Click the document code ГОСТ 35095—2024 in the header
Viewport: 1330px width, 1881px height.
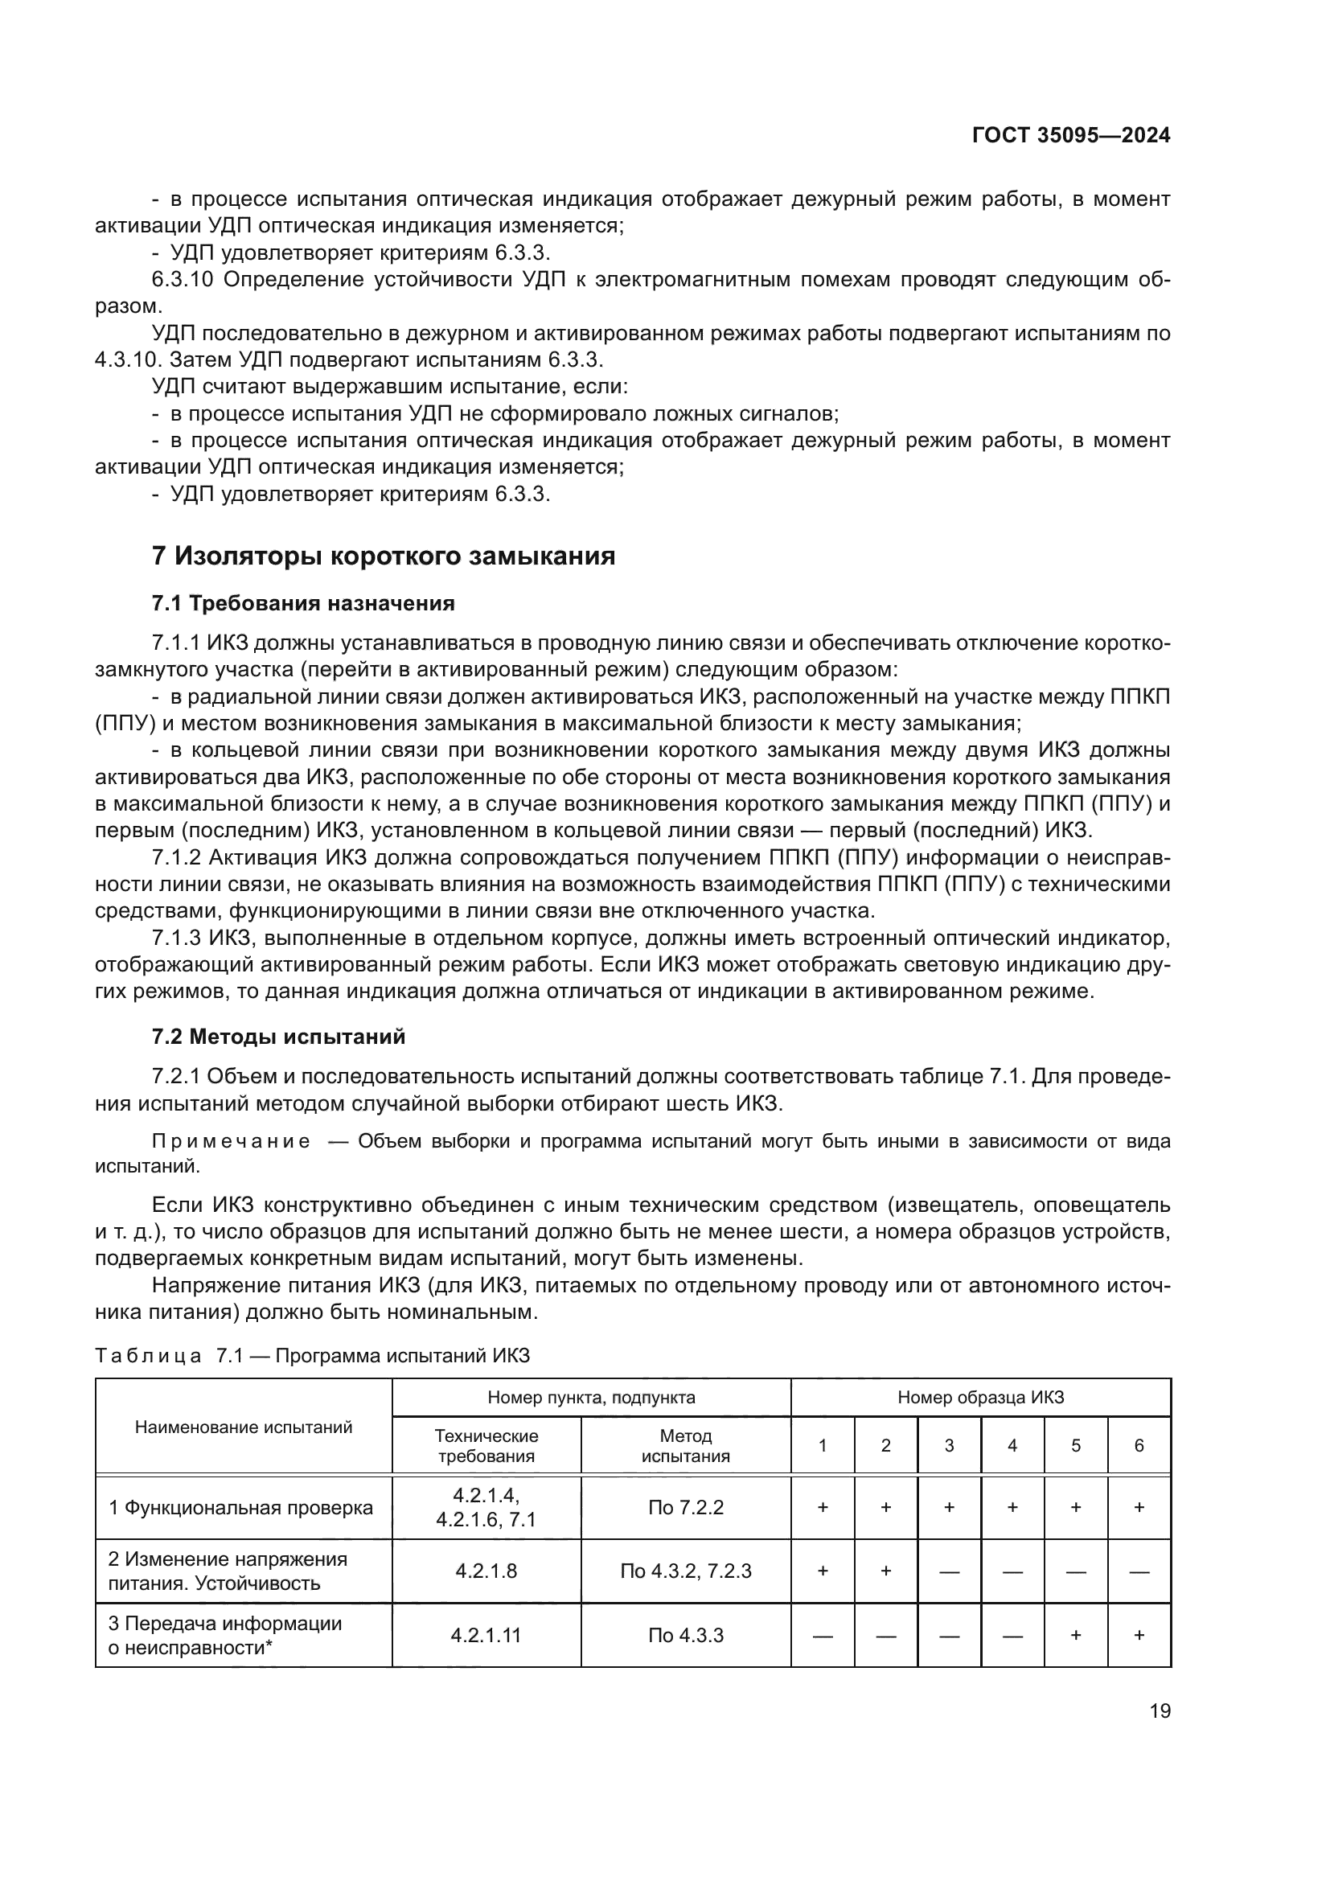coord(1070,136)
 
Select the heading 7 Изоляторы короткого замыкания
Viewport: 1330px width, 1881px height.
coord(383,556)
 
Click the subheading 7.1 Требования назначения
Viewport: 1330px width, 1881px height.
coord(303,604)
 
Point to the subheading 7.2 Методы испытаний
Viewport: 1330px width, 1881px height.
coord(278,1037)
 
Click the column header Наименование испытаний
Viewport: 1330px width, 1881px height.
coord(243,1427)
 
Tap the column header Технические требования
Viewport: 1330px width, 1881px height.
coord(486,1446)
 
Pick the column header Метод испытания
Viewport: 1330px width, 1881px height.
coord(685,1446)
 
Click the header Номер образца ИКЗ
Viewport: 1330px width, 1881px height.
coord(980,1398)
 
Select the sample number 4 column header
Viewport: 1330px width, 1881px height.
coord(1012,1446)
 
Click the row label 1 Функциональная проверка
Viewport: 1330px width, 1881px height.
coord(240,1507)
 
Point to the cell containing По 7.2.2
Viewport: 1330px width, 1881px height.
coord(685,1507)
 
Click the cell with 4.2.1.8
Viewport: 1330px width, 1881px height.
coord(486,1571)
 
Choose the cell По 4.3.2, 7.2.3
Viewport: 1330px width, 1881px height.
coord(685,1571)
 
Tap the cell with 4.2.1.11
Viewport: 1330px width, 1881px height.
coord(486,1635)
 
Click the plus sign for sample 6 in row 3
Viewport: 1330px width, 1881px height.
coord(1139,1635)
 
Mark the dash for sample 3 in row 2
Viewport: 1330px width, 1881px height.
coord(948,1572)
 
